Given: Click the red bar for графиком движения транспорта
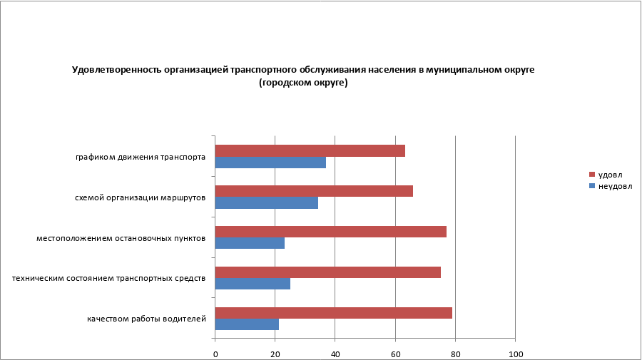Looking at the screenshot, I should coord(310,150).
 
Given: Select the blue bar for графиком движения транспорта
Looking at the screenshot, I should coord(270,163).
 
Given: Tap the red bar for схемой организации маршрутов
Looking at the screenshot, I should coord(314,191).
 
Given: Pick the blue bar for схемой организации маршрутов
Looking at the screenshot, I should coord(266,203).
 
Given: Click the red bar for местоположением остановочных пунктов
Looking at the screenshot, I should coord(330,232).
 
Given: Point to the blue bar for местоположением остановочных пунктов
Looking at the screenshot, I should coord(250,243).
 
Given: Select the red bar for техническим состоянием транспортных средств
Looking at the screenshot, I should coord(327,272).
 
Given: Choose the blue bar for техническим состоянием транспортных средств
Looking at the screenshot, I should coord(253,284).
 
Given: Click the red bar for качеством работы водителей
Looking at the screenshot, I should coord(333,313).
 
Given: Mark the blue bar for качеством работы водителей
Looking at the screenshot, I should coord(247,324).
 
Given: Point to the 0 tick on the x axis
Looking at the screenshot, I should coord(215,354).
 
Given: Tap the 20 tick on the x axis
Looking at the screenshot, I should coord(275,354).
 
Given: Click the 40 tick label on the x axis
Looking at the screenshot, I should coord(335,354).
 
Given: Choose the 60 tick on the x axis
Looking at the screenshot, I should coord(395,354).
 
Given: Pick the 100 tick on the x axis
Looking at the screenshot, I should coord(515,354).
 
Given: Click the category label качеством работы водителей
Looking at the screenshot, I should coord(147,319).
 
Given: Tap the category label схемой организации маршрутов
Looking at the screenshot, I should coord(141,197).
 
